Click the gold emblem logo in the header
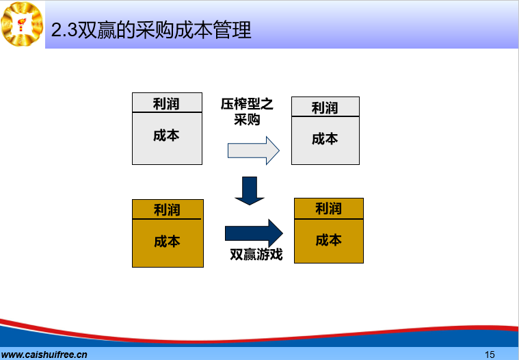[x=22, y=24]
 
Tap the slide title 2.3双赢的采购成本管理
[x=151, y=30]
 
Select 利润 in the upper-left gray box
[x=166, y=104]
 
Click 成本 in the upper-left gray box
[x=166, y=136]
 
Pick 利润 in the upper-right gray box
[x=325, y=108]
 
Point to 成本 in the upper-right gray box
[x=325, y=139]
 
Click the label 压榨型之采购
[x=247, y=112]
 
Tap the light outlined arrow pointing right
[x=254, y=151]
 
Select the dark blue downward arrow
[x=250, y=191]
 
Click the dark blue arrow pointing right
[x=254, y=233]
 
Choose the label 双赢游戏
[x=256, y=255]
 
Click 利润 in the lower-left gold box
[x=167, y=210]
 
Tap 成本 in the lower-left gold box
[x=167, y=242]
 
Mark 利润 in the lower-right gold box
[x=328, y=209]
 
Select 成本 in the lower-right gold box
[x=328, y=240]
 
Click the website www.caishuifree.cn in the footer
[x=44, y=355]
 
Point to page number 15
[x=490, y=355]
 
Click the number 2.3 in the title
[x=64, y=31]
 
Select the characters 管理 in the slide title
[x=232, y=30]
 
